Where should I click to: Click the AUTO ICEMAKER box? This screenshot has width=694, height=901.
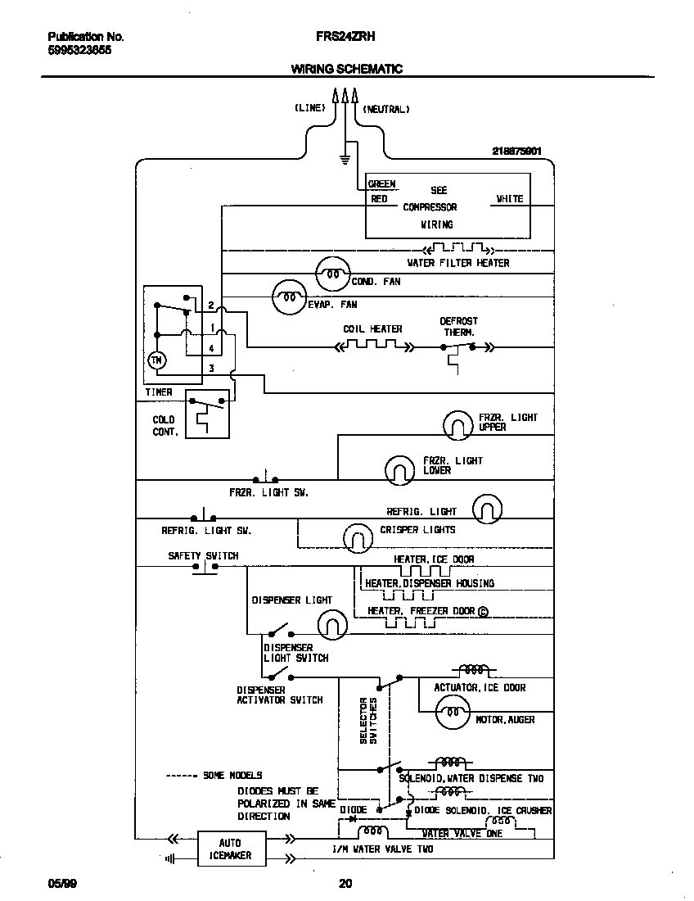[x=230, y=849]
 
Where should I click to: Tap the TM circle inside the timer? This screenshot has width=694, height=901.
[x=155, y=360]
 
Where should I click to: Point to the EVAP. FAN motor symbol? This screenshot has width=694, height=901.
[x=288, y=297]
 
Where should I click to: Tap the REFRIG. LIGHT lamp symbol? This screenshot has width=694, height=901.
[x=486, y=509]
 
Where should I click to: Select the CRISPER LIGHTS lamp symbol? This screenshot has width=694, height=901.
[x=358, y=537]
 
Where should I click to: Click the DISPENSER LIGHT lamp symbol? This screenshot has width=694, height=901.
[x=331, y=624]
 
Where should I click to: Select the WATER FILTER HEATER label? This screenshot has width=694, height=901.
[x=457, y=263]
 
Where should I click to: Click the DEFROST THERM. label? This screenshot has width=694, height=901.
[x=458, y=327]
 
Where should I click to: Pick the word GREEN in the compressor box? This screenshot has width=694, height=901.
[x=381, y=184]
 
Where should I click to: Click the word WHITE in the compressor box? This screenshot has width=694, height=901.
[x=509, y=199]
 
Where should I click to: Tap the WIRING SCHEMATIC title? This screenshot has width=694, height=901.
[x=346, y=70]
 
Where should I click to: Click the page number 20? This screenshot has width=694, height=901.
[x=345, y=883]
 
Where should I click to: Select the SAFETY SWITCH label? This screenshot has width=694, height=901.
[x=203, y=555]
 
